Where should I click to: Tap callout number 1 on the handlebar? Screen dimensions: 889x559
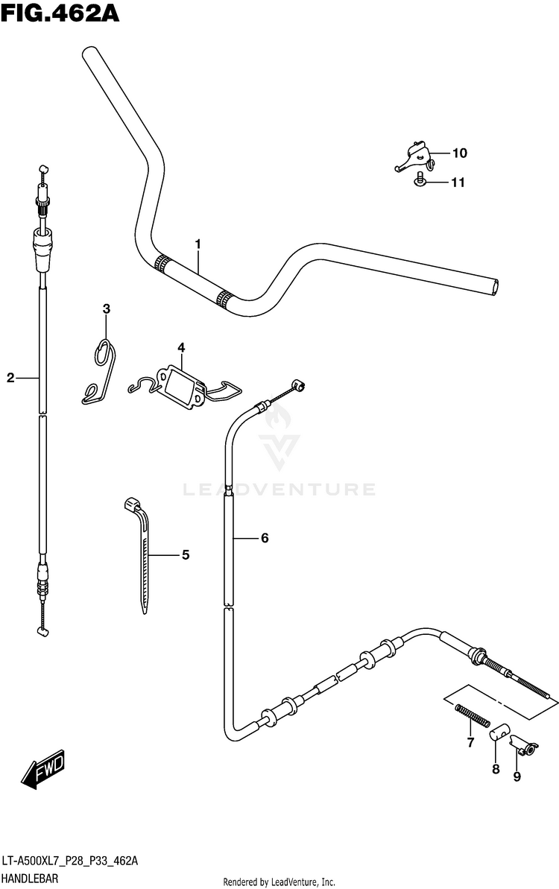click(198, 244)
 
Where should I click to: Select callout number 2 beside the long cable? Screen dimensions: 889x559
click(10, 378)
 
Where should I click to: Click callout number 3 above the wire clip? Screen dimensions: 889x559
click(106, 309)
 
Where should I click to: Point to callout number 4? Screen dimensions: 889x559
click(180, 347)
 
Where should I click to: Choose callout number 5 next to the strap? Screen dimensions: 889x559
click(185, 554)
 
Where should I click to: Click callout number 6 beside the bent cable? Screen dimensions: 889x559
click(264, 538)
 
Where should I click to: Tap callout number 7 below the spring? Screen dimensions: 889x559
click(470, 741)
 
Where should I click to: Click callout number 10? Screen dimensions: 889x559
click(458, 154)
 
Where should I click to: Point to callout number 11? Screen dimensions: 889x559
click(457, 182)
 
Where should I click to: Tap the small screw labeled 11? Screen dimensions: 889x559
click(420, 180)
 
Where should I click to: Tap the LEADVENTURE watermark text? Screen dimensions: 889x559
click(279, 490)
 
